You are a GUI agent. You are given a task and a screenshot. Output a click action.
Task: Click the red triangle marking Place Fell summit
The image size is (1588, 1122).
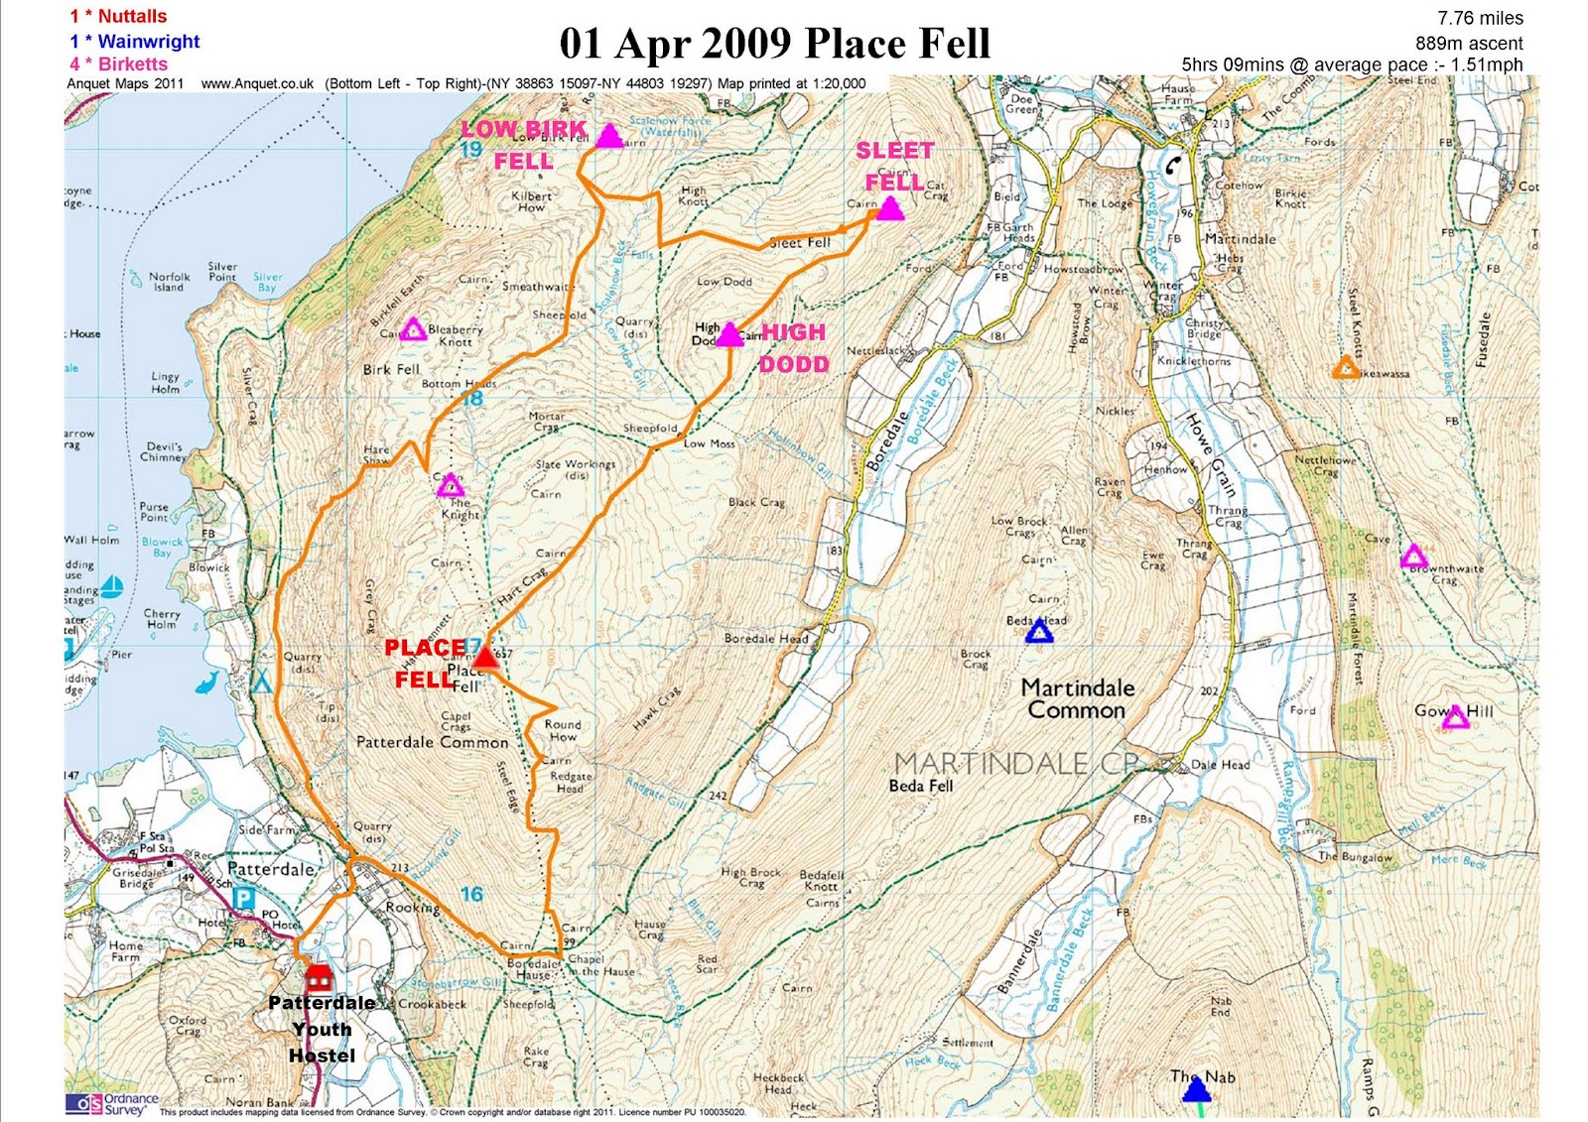(484, 658)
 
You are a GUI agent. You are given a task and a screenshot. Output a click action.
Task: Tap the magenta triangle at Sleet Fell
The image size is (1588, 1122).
(889, 209)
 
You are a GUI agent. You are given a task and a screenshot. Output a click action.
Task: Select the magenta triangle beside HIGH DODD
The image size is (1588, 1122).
(729, 335)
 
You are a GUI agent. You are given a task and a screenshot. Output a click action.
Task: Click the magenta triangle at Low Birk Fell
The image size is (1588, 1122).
(609, 137)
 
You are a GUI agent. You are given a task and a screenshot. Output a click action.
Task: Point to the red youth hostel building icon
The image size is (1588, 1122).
(319, 979)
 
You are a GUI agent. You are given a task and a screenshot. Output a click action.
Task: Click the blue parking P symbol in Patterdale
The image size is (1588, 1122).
(242, 898)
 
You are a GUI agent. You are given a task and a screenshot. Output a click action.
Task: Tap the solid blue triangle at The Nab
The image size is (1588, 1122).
(1197, 1090)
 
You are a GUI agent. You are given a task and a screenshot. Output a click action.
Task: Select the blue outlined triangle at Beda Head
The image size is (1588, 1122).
(1038, 632)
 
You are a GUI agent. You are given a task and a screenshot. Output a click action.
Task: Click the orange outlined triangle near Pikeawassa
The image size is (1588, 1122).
(1345, 368)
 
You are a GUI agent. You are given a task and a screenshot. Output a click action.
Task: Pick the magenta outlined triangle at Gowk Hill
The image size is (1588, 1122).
(1455, 717)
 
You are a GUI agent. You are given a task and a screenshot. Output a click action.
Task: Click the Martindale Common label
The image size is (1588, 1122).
(1078, 698)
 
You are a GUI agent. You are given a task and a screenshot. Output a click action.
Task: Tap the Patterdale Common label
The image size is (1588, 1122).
(432, 742)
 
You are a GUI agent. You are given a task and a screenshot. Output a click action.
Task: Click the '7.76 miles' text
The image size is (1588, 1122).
(1480, 18)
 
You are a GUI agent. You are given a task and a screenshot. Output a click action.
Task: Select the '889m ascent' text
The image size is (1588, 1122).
(1469, 43)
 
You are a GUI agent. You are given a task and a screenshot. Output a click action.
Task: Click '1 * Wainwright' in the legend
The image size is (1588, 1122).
(135, 42)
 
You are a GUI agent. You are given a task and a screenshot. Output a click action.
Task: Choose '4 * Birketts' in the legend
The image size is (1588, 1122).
(119, 63)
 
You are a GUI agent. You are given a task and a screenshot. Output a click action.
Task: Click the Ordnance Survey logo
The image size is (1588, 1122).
(111, 1103)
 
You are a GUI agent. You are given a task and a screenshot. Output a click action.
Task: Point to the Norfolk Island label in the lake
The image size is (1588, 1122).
(169, 282)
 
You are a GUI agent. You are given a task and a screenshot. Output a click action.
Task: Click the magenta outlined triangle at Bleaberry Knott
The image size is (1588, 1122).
(413, 330)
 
